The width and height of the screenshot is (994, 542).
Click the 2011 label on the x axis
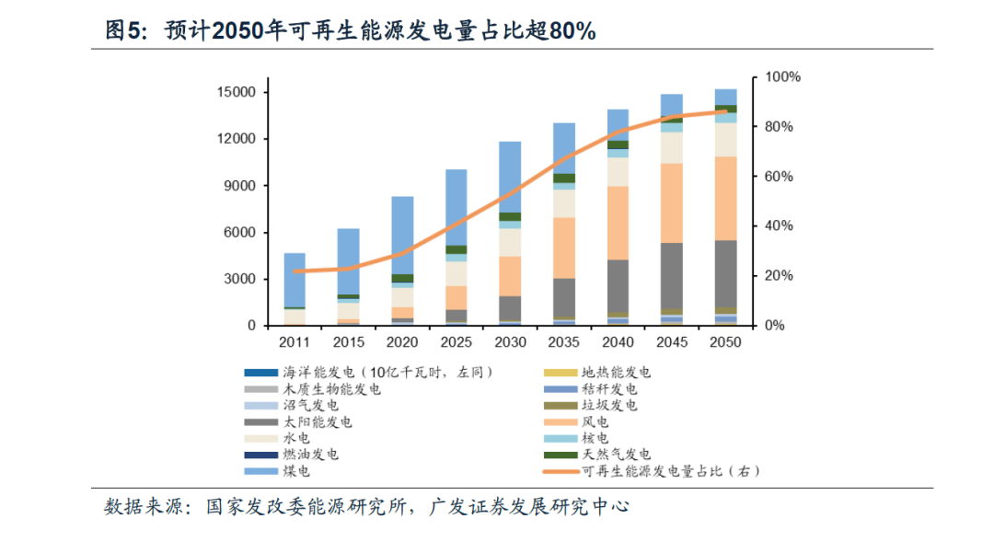295,342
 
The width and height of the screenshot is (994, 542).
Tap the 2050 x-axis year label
725,342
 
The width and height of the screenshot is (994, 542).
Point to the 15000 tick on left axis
237,92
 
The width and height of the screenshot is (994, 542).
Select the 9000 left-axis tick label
240,186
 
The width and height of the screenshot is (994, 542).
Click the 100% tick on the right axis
783,77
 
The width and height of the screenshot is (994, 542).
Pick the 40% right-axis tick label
780,226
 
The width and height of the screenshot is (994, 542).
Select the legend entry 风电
595,421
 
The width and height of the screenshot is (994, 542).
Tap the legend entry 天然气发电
616,455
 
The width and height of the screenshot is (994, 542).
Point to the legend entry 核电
595,438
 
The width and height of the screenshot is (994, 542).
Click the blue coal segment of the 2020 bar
402,235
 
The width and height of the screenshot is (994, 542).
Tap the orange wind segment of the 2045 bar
672,202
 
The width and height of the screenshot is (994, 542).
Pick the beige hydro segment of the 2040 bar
618,172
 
